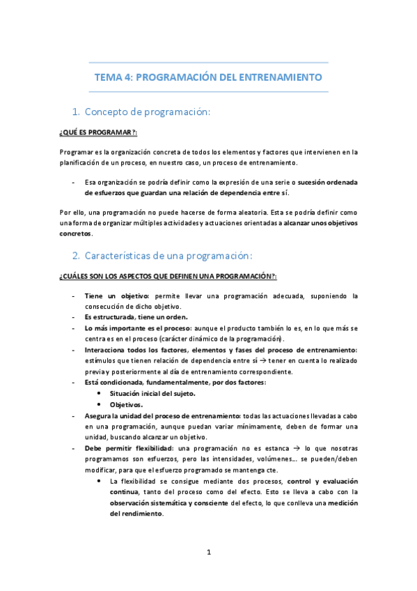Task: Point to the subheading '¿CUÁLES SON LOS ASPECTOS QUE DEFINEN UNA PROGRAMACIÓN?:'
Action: coord(168,276)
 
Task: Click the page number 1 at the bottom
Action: coord(208,553)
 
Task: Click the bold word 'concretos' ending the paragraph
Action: coord(76,233)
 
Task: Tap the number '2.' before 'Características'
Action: coord(78,254)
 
